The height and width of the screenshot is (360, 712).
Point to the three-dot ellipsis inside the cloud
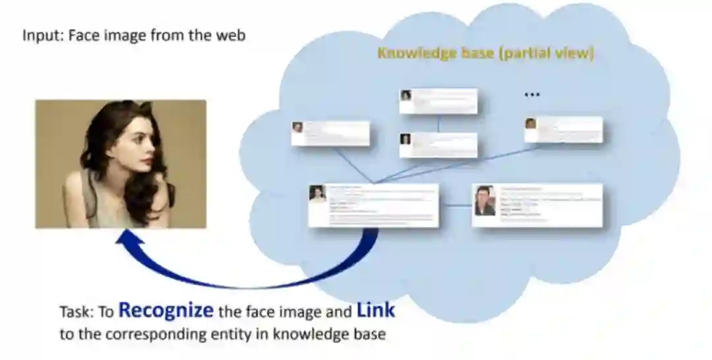[532, 95]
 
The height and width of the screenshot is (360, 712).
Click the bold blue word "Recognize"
[165, 310]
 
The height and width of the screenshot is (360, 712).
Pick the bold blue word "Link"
[376, 309]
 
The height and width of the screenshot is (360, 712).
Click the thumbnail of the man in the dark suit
[485, 200]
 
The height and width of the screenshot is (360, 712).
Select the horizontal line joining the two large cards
[456, 206]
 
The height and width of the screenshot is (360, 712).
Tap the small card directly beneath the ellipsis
[563, 129]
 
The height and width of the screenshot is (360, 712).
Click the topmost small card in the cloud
[438, 101]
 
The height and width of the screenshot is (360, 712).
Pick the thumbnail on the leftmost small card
[298, 127]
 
